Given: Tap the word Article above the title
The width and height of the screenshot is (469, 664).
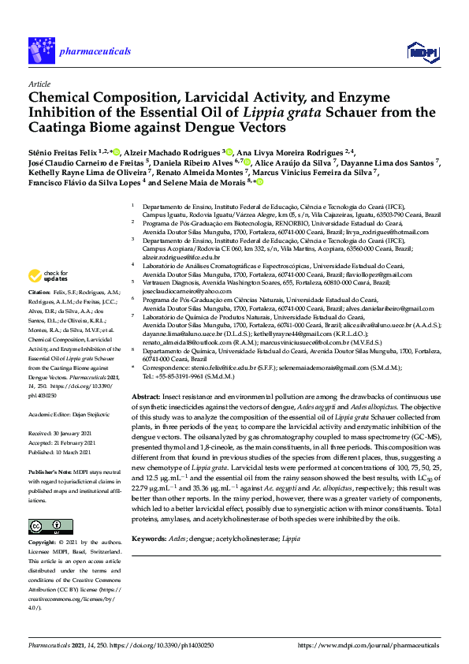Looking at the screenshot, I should click(x=39, y=83).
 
